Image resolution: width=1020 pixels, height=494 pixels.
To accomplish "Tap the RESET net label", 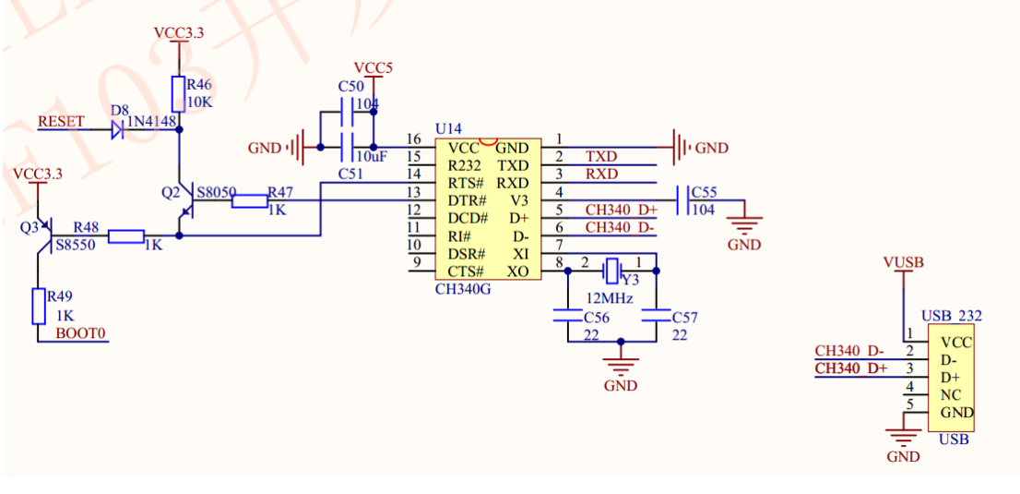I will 61,122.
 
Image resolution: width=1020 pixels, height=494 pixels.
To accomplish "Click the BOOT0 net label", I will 80,333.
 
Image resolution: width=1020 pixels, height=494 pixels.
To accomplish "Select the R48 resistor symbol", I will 126,236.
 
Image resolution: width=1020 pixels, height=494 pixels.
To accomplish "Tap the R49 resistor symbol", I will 38,306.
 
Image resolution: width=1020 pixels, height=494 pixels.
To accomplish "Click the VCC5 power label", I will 374,68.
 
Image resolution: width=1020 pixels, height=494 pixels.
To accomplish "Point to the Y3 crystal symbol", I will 611,271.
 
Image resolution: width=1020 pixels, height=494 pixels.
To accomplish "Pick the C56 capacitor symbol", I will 564,315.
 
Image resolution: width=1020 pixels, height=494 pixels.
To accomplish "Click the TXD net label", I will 601,157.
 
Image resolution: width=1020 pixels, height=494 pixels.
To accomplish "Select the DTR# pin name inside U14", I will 467,200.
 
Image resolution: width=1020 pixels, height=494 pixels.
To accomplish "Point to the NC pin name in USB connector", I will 950,394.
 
